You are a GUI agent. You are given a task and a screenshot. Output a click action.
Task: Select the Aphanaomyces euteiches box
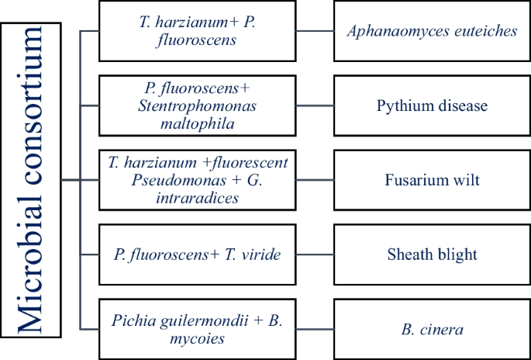click(x=432, y=32)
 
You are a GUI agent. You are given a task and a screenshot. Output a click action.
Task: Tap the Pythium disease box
click(x=432, y=106)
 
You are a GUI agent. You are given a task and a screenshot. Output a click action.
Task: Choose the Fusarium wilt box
click(x=432, y=180)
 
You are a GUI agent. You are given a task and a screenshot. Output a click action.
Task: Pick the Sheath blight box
click(x=432, y=254)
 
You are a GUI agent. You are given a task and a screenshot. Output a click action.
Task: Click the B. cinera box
click(x=432, y=329)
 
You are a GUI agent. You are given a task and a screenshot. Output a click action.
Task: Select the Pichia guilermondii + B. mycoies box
click(x=198, y=329)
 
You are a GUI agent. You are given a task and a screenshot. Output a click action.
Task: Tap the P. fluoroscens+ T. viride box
click(x=198, y=254)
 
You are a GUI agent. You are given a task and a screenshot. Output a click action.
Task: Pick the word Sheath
click(x=409, y=254)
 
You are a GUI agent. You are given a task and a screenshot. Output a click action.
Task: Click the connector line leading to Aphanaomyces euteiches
click(x=315, y=32)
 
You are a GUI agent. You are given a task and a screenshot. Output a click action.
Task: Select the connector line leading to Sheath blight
click(x=315, y=254)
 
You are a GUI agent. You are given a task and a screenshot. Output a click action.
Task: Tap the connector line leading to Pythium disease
click(x=315, y=106)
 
